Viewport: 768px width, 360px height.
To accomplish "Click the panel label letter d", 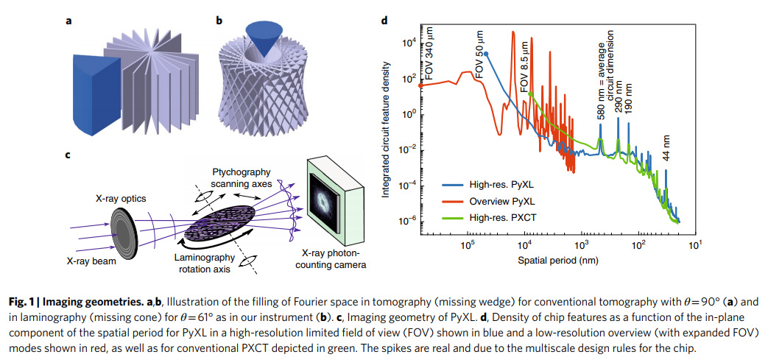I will pos(384,20).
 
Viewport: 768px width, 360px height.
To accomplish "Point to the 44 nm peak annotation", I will pos(666,147).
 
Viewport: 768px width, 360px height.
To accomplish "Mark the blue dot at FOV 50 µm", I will pos(486,54).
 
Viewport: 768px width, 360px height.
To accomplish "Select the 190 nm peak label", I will pos(628,95).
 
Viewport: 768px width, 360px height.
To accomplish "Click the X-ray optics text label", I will pos(119,198).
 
